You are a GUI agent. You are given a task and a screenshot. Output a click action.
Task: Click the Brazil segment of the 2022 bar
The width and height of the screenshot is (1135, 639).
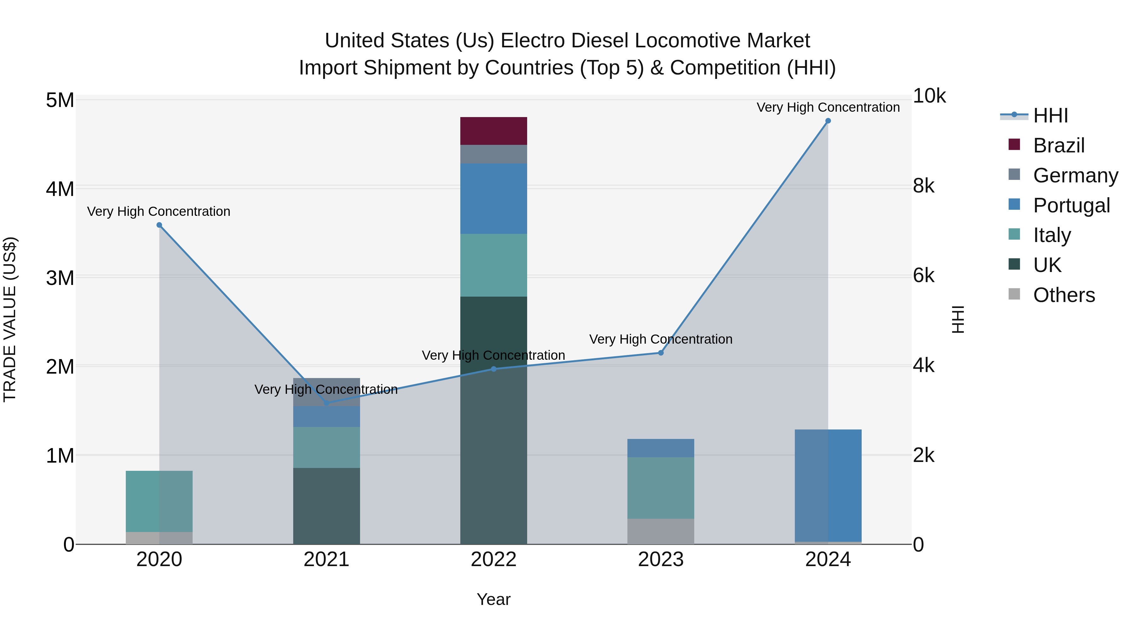pos(493,131)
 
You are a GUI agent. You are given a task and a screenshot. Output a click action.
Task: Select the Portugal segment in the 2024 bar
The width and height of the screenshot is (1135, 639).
pos(828,485)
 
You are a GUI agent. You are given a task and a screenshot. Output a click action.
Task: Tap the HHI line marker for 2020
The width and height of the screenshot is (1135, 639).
pos(160,225)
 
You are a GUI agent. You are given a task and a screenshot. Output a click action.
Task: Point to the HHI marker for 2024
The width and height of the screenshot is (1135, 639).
pos(828,121)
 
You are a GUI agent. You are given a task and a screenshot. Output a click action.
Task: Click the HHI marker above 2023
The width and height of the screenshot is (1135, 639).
pos(661,353)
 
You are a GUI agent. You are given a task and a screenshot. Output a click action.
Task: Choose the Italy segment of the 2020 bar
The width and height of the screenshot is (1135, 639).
pos(159,501)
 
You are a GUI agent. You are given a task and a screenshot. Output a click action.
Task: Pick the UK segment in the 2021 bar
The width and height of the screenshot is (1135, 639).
pos(327,506)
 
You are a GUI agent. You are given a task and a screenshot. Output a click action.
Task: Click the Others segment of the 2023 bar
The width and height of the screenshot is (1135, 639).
pos(661,531)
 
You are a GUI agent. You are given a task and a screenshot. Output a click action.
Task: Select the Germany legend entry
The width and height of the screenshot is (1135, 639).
pos(1075,175)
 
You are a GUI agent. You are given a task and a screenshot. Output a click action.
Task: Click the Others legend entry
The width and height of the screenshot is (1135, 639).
pos(1064,295)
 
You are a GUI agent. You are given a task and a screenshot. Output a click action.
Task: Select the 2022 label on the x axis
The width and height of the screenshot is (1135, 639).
pos(493,559)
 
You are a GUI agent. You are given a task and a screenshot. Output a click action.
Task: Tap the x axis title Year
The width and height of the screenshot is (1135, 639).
pos(493,599)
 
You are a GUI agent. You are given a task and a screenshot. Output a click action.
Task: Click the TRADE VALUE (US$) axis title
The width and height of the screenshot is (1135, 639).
pos(10,319)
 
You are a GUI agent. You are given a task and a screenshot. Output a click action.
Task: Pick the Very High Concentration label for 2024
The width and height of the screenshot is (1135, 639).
pos(828,107)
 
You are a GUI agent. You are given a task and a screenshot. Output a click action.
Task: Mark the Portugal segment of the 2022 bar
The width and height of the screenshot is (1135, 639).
pos(493,198)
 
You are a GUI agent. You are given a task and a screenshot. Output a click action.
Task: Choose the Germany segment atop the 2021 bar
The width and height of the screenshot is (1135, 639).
pos(327,392)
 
